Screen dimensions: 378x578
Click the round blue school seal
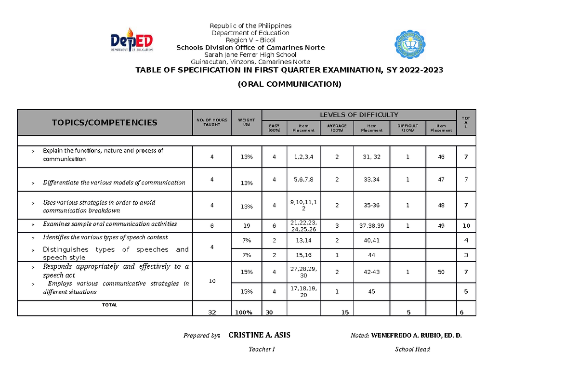[x=410, y=46]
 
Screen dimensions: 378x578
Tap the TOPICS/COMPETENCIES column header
[x=105, y=122]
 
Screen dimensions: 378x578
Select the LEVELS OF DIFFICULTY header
[x=359, y=115]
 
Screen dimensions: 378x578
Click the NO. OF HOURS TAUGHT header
[x=211, y=122]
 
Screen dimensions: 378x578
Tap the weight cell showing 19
[x=247, y=225]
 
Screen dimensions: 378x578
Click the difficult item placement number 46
[x=441, y=156]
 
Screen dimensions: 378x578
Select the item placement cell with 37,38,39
[x=372, y=225]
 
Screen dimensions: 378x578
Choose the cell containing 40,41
[x=372, y=240]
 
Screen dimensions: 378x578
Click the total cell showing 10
[x=466, y=225]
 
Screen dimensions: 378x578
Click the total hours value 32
[x=212, y=313]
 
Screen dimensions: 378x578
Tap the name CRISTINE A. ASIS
[x=259, y=335]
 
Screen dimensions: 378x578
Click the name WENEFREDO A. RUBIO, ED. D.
[x=416, y=336]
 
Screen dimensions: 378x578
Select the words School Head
[x=412, y=349]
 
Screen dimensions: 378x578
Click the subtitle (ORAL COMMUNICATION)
[x=289, y=84]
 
